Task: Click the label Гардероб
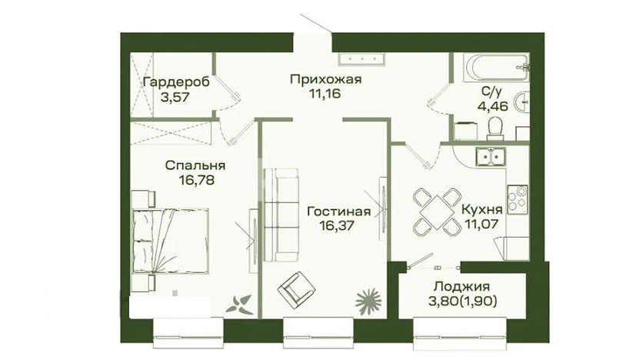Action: click(x=176, y=82)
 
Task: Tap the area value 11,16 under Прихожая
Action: click(x=324, y=94)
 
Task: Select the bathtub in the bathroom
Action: click(x=496, y=68)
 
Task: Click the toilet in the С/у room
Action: click(x=495, y=127)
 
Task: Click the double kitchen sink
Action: click(x=491, y=157)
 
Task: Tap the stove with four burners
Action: click(x=518, y=198)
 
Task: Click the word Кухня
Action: click(x=481, y=209)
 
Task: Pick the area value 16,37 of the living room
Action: click(x=336, y=225)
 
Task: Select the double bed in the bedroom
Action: click(x=170, y=241)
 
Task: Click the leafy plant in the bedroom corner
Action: click(x=240, y=305)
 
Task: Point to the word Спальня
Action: click(x=195, y=165)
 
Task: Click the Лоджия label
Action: click(x=461, y=286)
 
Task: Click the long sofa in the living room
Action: click(x=281, y=215)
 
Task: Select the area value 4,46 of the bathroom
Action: click(x=493, y=106)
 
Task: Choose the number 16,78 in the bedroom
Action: click(x=196, y=180)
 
